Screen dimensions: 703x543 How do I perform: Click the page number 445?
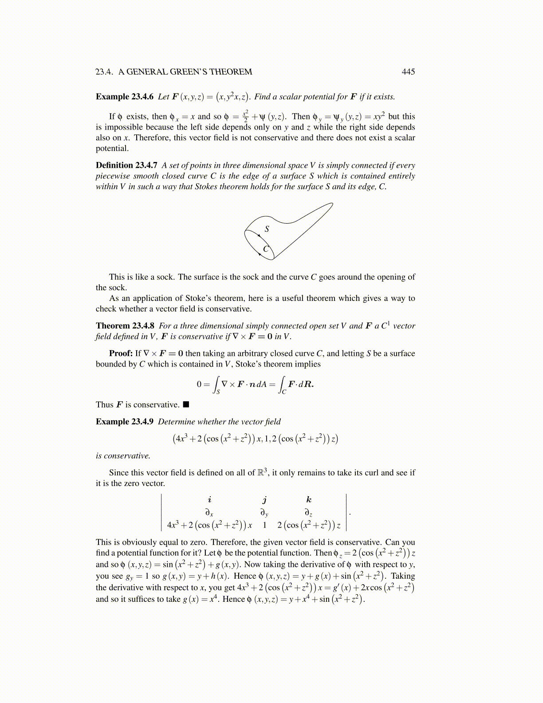408,72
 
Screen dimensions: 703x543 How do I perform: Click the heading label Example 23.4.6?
125,97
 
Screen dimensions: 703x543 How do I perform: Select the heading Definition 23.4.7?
126,165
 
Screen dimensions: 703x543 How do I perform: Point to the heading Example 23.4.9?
125,422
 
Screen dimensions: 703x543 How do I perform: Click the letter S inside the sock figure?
267,229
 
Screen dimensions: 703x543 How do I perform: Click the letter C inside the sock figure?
266,249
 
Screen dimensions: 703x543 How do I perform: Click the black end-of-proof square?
186,405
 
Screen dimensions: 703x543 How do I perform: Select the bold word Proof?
121,353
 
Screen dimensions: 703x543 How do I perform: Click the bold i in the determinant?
209,500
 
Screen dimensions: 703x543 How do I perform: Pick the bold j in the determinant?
264,500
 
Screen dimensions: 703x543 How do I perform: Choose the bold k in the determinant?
309,500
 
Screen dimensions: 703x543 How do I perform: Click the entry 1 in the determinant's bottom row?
264,525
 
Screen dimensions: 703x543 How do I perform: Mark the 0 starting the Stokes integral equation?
199,384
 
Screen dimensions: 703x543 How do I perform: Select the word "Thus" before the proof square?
105,405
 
